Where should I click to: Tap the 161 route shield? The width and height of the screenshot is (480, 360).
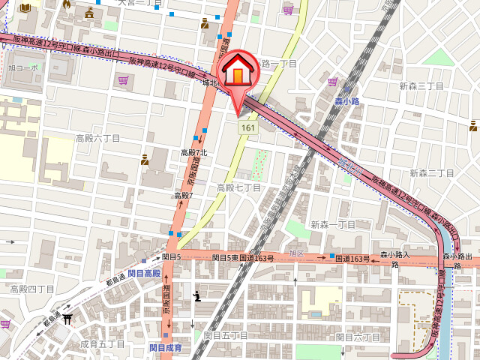[247, 129]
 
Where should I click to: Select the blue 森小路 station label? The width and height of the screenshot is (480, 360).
[349, 100]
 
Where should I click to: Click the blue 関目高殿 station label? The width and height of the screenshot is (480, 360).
[144, 274]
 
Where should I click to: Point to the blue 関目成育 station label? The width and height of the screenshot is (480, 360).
[165, 347]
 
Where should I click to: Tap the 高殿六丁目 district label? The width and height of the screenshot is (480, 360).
[97, 139]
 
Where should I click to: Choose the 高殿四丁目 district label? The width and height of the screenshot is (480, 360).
[32, 289]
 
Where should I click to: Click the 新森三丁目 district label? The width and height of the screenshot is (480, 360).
[421, 86]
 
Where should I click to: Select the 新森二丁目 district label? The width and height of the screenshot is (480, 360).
[433, 173]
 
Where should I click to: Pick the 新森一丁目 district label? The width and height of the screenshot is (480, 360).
[333, 224]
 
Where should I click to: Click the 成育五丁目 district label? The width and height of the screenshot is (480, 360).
[102, 343]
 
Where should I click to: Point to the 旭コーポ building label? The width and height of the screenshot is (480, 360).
[23, 67]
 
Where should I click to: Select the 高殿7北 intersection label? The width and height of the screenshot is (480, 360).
[193, 153]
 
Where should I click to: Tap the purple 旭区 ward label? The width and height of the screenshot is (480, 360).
[297, 253]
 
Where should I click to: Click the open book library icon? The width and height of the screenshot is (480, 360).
[27, 7]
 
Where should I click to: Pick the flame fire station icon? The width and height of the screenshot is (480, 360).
[67, 4]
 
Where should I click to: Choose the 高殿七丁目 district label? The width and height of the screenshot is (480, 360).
[238, 187]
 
